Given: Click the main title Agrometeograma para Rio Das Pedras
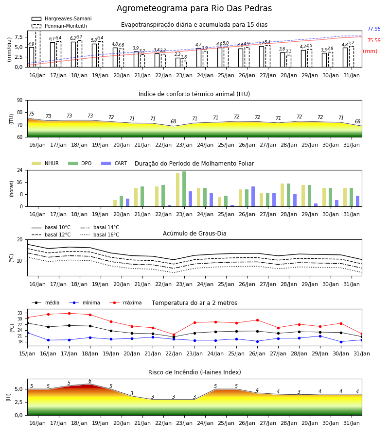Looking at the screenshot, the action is (194, 8).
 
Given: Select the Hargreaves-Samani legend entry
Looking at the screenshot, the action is (61, 18).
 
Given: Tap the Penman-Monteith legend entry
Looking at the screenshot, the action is (59, 26).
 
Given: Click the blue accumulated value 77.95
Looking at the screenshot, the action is (374, 29).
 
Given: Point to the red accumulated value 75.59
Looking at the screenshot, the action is (374, 40).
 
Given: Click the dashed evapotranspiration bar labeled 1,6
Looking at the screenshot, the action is (184, 64).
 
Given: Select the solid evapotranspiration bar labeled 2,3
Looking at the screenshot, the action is (178, 63).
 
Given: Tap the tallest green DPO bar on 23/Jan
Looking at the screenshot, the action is (184, 189).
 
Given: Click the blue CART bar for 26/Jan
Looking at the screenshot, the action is (253, 197).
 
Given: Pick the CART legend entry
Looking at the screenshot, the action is (114, 163).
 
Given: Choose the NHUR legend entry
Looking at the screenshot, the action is (45, 163).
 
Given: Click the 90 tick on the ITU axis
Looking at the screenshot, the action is (20, 101).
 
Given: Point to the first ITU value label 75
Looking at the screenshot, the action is (31, 114).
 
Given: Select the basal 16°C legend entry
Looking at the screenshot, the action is (100, 235).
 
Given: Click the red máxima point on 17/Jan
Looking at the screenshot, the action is (69, 313).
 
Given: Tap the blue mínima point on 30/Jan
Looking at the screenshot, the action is (341, 342).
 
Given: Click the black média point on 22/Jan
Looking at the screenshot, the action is (174, 337).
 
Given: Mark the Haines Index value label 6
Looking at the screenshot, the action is (90, 381).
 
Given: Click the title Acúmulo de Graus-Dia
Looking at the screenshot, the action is (194, 233).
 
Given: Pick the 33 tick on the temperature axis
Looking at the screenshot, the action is (20, 313).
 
